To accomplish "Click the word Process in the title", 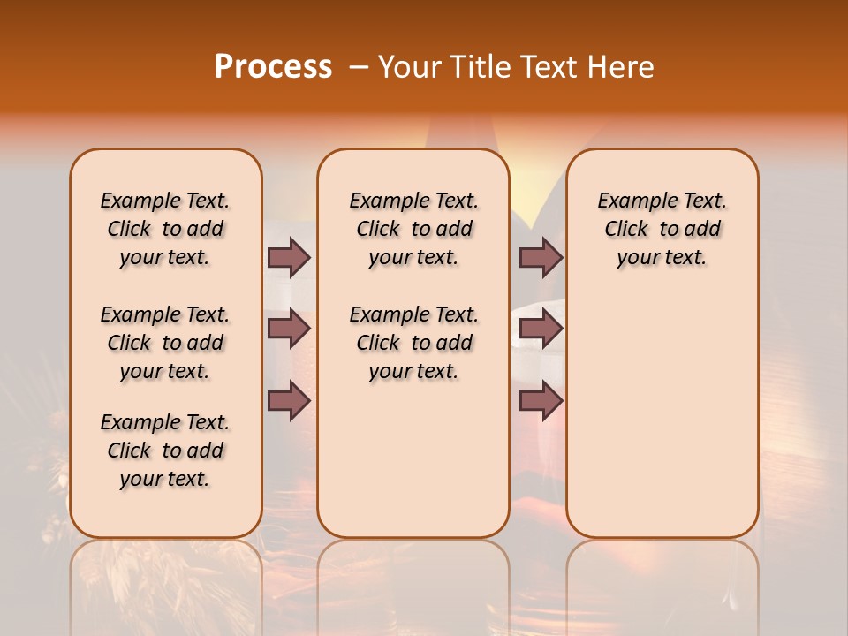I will [x=273, y=66].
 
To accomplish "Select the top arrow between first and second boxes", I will [x=289, y=257].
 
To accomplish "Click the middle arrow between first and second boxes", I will [x=289, y=329].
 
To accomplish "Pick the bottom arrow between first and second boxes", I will [x=289, y=400].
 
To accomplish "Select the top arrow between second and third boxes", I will [x=541, y=257].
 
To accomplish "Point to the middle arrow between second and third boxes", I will [x=541, y=329].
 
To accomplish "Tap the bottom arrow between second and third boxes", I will [x=541, y=400].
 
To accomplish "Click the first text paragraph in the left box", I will [x=165, y=229].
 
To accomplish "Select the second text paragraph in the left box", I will [x=165, y=343].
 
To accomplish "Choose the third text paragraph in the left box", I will [x=165, y=450].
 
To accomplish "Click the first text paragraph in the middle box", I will [x=413, y=229].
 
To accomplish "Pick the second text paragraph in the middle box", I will [x=413, y=343].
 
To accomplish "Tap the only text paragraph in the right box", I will [x=662, y=229].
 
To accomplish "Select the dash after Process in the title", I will [x=359, y=66].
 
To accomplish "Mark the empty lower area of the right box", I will [x=662, y=415].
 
